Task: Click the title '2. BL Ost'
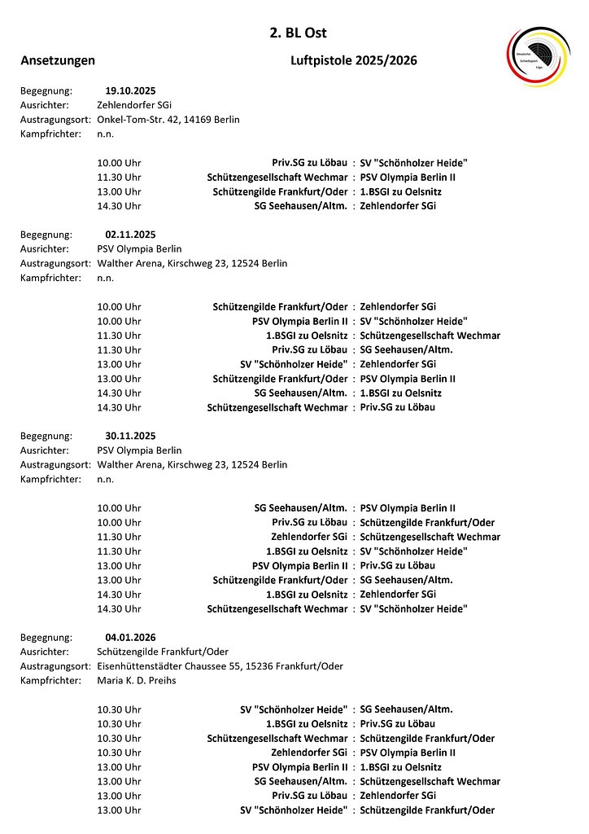click(298, 33)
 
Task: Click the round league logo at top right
click(539, 56)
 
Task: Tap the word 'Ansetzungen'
click(58, 60)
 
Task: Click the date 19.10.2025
click(130, 90)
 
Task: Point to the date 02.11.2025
click(130, 235)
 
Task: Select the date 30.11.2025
click(130, 436)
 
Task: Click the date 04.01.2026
click(130, 637)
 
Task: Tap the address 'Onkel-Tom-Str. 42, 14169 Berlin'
click(168, 119)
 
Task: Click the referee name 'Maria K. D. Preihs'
click(136, 680)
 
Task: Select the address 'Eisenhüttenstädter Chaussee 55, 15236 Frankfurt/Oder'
click(220, 666)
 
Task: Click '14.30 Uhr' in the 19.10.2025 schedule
click(119, 206)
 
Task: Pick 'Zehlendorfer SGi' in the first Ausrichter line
click(134, 105)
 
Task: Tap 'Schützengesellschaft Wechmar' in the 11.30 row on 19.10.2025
click(277, 178)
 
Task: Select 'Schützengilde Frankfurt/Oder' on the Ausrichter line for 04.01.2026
click(163, 652)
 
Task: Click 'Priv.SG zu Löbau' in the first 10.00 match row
click(309, 163)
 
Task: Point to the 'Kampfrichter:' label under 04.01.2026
click(50, 680)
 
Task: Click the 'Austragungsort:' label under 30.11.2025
click(55, 465)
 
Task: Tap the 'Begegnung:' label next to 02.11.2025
click(46, 235)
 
